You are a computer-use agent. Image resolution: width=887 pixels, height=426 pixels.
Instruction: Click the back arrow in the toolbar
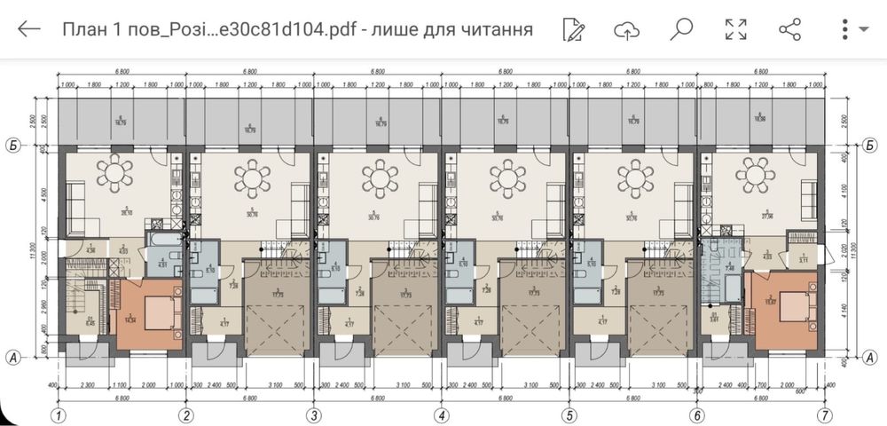(29, 29)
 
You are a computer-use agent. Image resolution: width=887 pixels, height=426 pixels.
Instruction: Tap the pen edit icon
(574, 29)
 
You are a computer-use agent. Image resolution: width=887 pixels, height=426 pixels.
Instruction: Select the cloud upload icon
(627, 30)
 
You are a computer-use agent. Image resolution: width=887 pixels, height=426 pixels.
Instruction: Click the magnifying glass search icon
(681, 29)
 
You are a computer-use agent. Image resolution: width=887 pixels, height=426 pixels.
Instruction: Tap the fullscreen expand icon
(735, 29)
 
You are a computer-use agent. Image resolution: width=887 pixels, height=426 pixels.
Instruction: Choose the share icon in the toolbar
(789, 29)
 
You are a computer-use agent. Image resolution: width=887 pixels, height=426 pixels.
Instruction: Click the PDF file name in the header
(297, 29)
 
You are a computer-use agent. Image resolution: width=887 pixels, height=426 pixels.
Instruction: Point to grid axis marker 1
(59, 414)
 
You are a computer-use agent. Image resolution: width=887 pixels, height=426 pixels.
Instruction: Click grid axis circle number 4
(441, 414)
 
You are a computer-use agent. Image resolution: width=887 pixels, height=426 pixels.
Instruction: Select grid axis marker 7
(825, 414)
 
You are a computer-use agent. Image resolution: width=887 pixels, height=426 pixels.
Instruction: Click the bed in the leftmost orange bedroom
(161, 312)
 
